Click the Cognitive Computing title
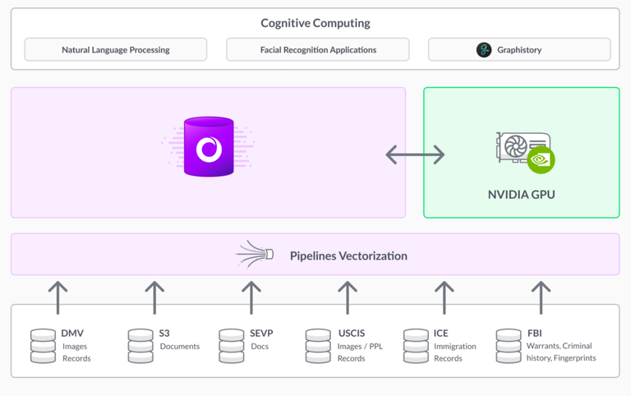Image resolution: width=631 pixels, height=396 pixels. [x=315, y=23]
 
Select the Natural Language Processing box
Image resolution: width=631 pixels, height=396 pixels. [x=116, y=49]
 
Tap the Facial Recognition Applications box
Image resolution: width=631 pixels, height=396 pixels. [x=318, y=49]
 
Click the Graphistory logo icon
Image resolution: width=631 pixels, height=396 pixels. [x=484, y=50]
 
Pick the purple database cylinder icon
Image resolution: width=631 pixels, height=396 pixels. [x=209, y=147]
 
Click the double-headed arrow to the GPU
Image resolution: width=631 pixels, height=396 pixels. [x=415, y=154]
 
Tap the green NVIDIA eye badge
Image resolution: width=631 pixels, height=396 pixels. [x=541, y=159]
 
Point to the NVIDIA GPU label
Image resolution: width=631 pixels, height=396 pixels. [x=521, y=196]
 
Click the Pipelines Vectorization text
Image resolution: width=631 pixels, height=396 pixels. [x=348, y=256]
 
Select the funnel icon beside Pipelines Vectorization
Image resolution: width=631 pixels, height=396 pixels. [x=256, y=255]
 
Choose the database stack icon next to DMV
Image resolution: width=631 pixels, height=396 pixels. [x=43, y=346]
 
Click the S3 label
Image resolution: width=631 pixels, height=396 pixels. [x=164, y=334]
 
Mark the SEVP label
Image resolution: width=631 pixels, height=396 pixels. [x=261, y=334]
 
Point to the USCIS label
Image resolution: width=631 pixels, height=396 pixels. [x=351, y=334]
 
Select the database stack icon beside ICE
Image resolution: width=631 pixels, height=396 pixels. [x=416, y=346]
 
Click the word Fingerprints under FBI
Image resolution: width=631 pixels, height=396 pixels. [x=573, y=358]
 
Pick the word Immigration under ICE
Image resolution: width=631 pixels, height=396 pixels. [x=454, y=346]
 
